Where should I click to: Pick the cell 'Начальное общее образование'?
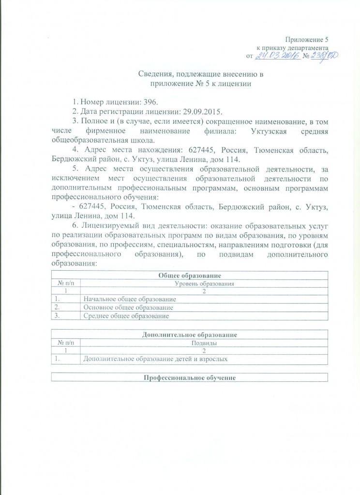pyautogui.click(x=129, y=299)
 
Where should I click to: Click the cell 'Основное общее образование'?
pyautogui.click(x=128, y=307)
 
